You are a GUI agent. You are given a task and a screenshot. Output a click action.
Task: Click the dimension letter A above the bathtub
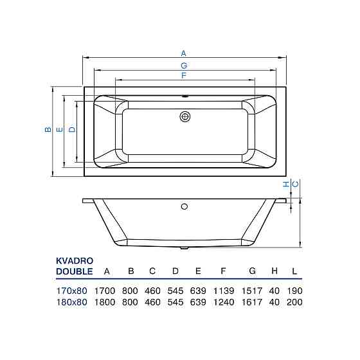(x=183, y=53)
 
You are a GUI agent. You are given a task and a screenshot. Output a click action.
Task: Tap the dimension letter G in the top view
(x=184, y=66)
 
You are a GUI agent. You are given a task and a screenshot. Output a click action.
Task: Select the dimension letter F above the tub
(x=184, y=75)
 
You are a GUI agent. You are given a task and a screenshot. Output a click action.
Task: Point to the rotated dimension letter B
(x=48, y=129)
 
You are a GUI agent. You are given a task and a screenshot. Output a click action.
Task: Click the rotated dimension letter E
(x=60, y=129)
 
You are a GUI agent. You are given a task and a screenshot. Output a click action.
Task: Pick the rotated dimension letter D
(x=72, y=129)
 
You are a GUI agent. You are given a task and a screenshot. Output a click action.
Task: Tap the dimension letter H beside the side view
(x=286, y=184)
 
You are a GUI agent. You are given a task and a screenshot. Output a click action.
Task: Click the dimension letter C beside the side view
(x=296, y=184)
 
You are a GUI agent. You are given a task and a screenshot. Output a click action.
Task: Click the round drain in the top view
(x=185, y=117)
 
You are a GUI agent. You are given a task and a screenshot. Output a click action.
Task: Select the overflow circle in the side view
(x=184, y=206)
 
